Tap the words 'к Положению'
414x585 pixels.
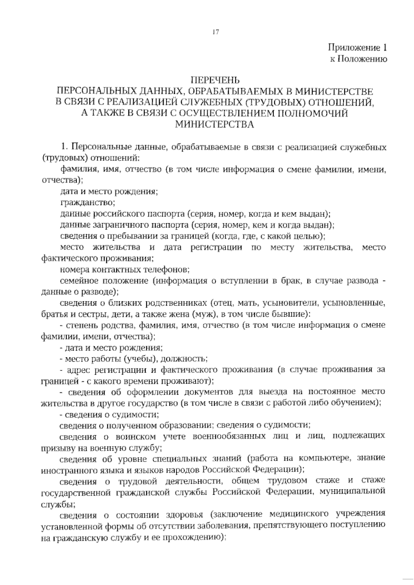tap(358, 59)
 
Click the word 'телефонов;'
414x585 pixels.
tap(166, 269)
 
